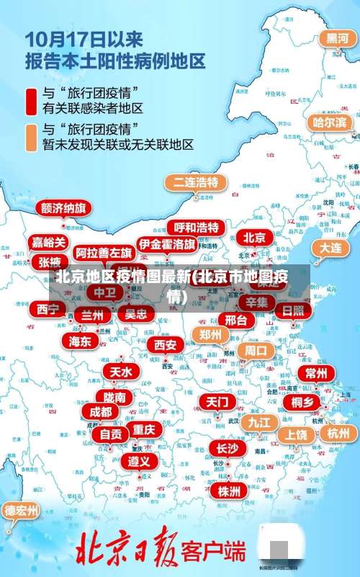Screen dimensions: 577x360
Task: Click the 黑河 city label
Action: pyautogui.click(x=336, y=38)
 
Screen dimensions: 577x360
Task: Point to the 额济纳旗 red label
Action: pyautogui.click(x=63, y=208)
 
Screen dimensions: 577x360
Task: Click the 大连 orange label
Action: pyautogui.click(x=331, y=247)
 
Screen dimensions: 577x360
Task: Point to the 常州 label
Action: pyautogui.click(x=316, y=373)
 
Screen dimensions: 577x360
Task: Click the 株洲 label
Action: pyautogui.click(x=229, y=470)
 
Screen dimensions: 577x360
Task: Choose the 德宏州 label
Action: pyautogui.click(x=21, y=511)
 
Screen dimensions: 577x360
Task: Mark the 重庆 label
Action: pyautogui.click(x=144, y=429)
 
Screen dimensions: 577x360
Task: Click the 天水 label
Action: pyautogui.click(x=121, y=372)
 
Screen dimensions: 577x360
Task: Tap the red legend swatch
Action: pyautogui.click(x=32, y=102)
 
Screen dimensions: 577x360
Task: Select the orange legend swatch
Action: pyautogui.click(x=32, y=137)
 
